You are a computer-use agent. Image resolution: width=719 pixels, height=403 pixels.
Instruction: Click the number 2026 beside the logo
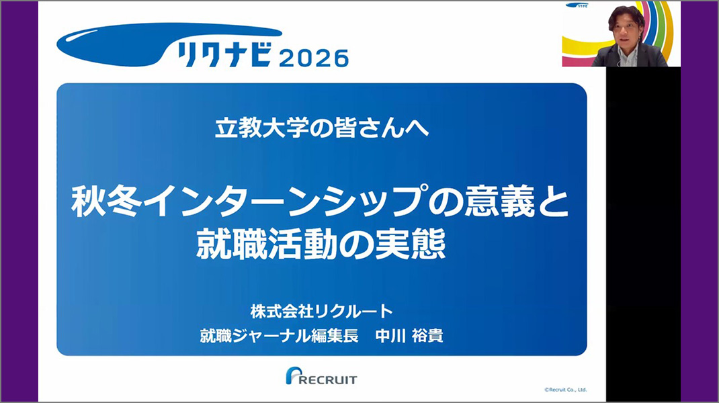click(314, 58)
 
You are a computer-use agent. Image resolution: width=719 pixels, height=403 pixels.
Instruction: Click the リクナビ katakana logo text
click(225, 55)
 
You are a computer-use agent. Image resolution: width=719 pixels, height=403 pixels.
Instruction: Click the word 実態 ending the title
click(411, 244)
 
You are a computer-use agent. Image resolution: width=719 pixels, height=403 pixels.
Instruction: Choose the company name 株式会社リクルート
click(322, 312)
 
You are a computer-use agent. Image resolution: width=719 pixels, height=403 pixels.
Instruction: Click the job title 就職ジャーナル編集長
click(280, 336)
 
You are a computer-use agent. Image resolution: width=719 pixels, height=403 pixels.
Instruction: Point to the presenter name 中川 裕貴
click(409, 336)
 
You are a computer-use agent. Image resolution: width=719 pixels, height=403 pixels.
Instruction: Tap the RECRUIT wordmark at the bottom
click(327, 379)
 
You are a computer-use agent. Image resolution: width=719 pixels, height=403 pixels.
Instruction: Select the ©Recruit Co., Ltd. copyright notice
click(565, 390)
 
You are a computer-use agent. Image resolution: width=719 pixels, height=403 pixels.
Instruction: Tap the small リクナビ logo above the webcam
click(577, 5)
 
